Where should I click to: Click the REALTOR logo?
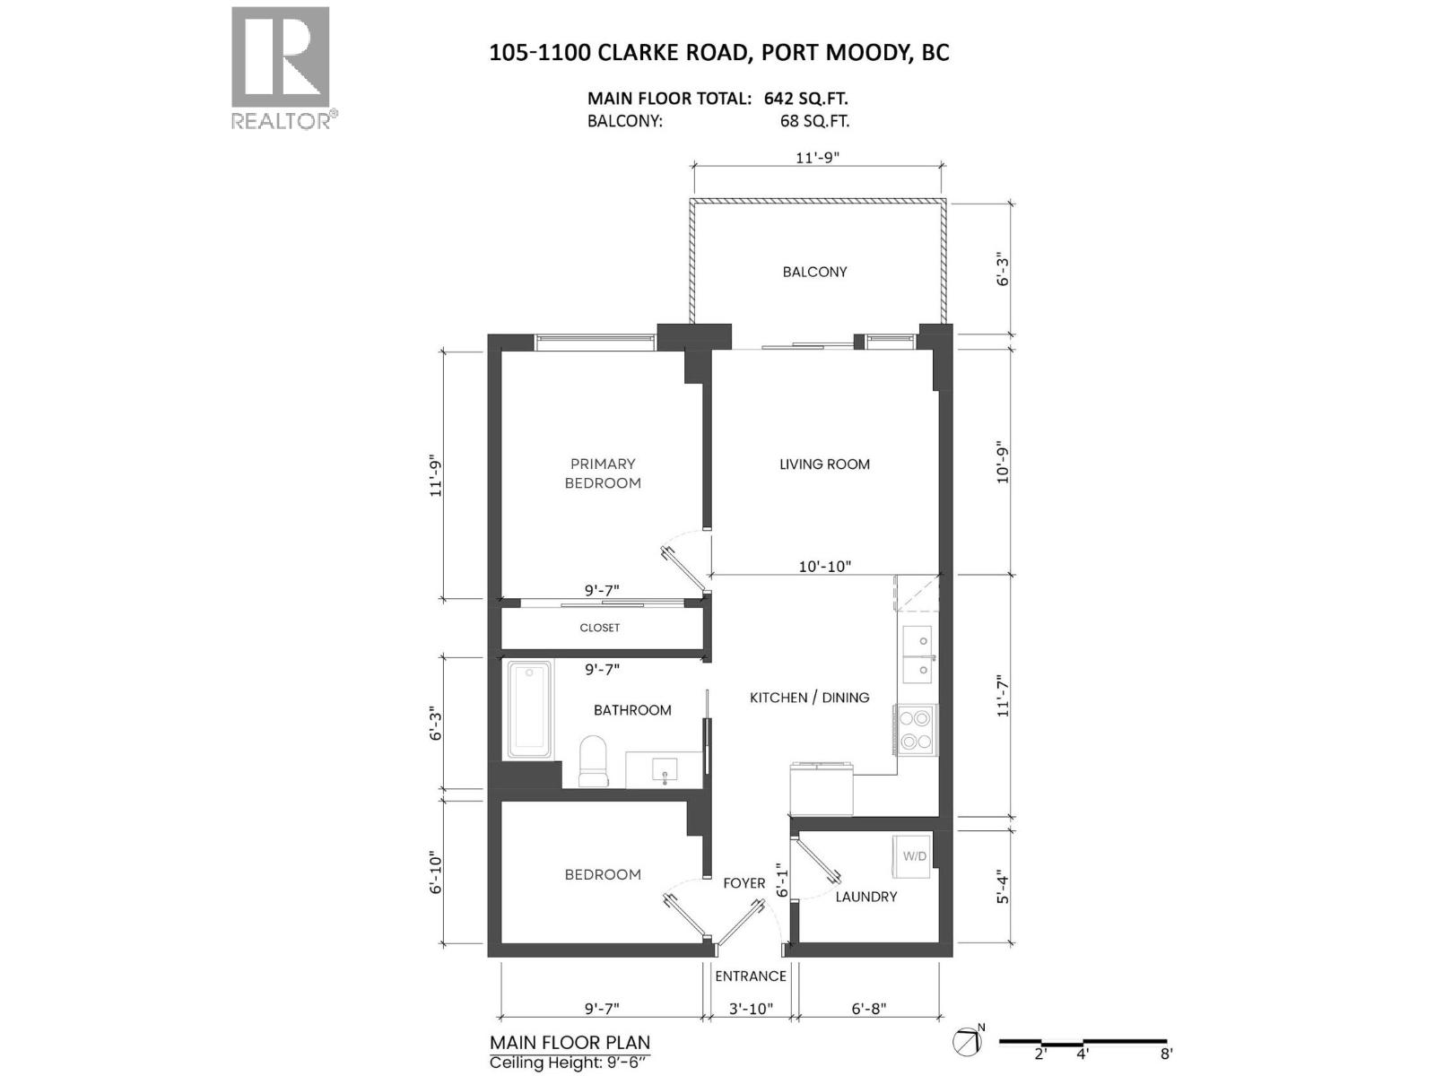tap(281, 67)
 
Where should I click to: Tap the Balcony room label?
tap(814, 272)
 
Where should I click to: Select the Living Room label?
tap(824, 464)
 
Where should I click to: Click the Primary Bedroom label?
tap(603, 473)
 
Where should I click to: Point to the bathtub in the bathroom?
tap(529, 708)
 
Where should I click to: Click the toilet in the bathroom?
tap(593, 760)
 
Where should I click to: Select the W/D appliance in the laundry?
tap(914, 856)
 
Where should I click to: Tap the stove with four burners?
tap(916, 729)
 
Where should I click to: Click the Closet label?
tap(599, 628)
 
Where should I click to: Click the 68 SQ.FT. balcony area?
tap(814, 121)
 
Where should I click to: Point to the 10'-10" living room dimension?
tap(824, 567)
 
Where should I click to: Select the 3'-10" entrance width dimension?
tap(750, 1008)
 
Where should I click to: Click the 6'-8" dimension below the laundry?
tap(867, 1008)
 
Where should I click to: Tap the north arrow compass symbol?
tap(966, 1042)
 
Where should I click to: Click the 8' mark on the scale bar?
tap(1166, 1054)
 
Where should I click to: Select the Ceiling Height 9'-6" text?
tap(568, 1063)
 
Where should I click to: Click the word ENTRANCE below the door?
tap(751, 976)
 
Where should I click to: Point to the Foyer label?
tap(744, 883)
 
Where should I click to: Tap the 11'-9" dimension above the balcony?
tap(817, 158)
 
